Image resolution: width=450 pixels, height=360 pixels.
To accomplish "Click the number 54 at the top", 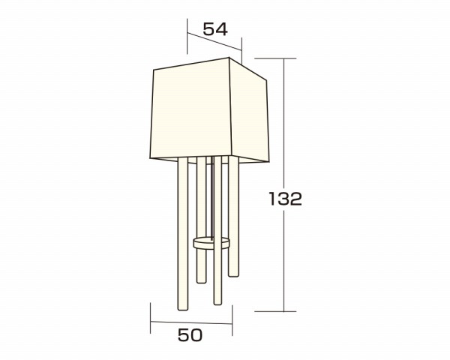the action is point(215,29).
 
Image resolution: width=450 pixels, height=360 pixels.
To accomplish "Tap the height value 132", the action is point(286,199).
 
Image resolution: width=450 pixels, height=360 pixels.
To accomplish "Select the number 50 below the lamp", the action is point(190,335).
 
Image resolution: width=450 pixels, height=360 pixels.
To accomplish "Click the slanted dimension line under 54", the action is point(214,41).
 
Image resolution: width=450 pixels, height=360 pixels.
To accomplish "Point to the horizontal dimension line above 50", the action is point(191,322).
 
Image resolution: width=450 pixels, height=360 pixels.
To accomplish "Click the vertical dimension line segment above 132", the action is point(284,124).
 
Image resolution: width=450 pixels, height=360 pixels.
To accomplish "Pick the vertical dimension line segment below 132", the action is point(284,261).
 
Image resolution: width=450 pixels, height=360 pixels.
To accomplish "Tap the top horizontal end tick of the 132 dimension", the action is point(275,58).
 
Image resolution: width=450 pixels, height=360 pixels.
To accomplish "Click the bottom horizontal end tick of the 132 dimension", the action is point(275,311).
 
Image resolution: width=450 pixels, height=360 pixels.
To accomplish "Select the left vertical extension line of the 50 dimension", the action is point(151,318).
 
